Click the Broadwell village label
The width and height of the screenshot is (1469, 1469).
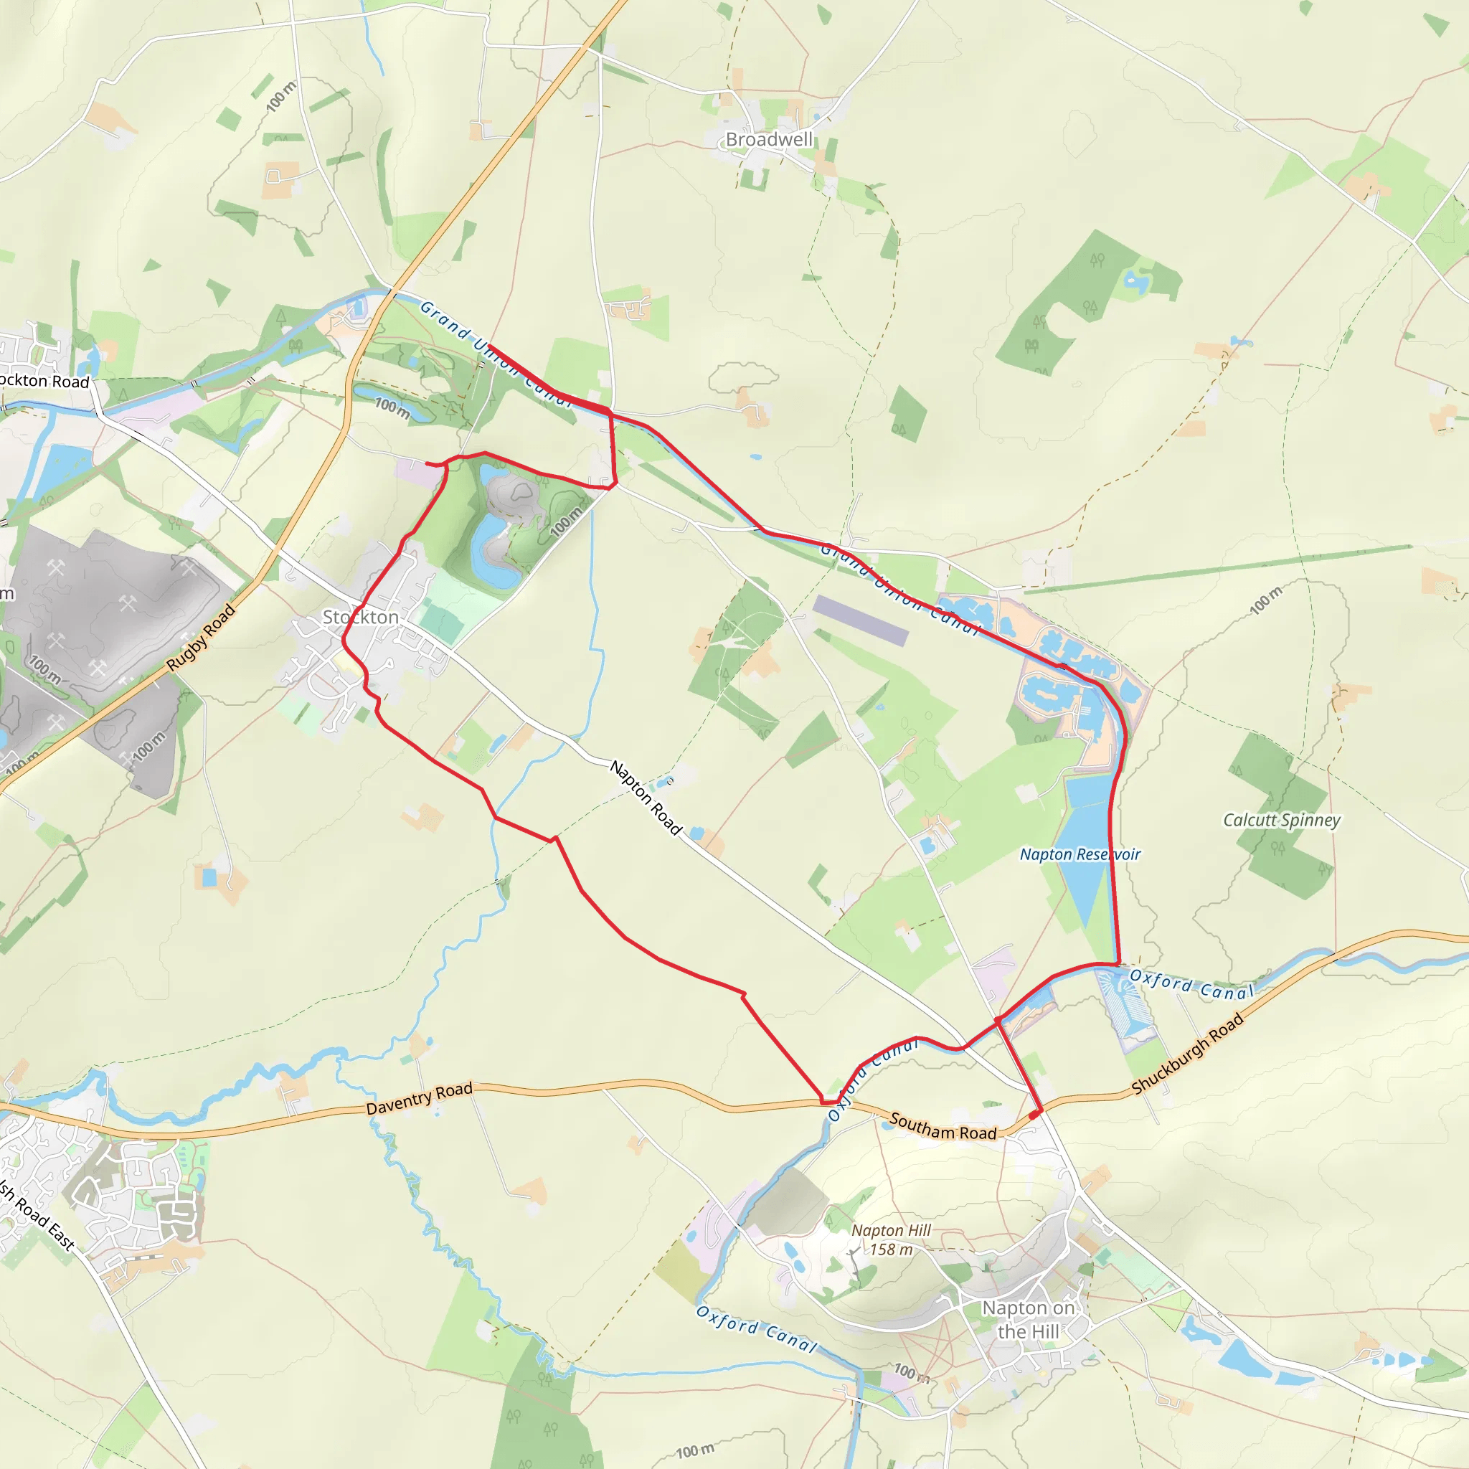tap(769, 140)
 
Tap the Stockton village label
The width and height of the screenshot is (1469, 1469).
tap(360, 617)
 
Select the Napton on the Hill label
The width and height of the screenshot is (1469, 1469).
tap(1028, 1319)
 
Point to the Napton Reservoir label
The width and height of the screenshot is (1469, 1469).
tap(1080, 854)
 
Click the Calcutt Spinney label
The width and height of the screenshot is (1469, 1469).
tap(1281, 820)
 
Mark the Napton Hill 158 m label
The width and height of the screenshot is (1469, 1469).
tap(890, 1239)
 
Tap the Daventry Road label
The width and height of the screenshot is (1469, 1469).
tap(419, 1099)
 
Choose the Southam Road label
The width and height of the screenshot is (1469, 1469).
tap(943, 1127)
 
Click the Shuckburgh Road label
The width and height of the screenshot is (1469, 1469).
tap(1187, 1054)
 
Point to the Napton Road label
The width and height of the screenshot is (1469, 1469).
tap(646, 798)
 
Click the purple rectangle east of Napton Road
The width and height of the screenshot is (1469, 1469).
tap(861, 620)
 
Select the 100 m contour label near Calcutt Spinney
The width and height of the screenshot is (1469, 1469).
tap(1266, 600)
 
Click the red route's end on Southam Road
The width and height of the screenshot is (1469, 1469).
tap(1035, 1115)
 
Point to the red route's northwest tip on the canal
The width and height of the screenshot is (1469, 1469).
tap(489, 346)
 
